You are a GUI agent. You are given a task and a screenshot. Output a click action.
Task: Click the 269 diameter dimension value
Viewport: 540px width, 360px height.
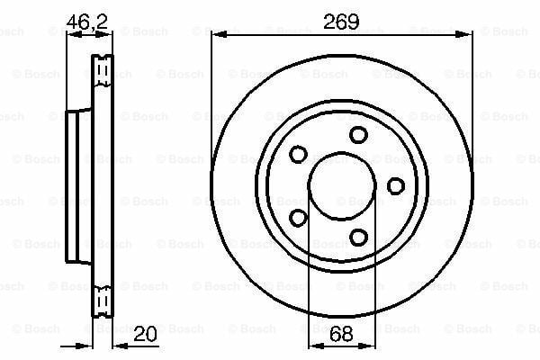point(341,22)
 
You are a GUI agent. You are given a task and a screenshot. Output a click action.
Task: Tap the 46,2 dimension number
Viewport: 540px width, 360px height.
point(87,22)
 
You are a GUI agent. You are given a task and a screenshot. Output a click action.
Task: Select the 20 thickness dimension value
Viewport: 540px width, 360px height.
point(145,334)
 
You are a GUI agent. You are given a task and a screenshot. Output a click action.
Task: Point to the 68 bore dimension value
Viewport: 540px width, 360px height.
point(341,334)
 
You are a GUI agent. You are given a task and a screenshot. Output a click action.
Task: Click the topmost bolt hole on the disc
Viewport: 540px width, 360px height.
point(358,135)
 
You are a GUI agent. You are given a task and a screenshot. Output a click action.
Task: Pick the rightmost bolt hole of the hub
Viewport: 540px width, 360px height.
point(396,186)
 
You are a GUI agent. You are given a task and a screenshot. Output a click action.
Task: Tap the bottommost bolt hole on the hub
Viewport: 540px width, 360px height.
point(358,238)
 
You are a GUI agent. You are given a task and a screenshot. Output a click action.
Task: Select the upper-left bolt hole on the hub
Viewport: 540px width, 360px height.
point(298,154)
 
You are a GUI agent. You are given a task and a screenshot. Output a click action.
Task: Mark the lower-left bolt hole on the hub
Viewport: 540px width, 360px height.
point(298,218)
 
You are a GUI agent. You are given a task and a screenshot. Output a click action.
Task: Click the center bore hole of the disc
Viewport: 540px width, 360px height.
point(342,186)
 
